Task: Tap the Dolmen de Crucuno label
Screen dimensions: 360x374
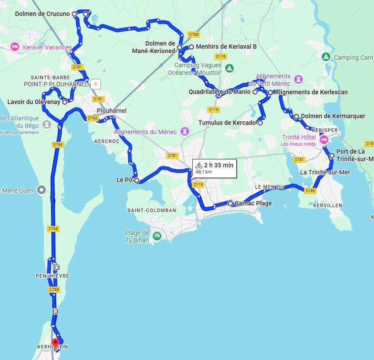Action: [x=42, y=14]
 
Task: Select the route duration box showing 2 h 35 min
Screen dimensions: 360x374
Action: [x=214, y=168]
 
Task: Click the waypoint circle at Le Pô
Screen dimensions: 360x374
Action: [x=137, y=180]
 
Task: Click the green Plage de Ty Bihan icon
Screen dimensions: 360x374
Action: [x=156, y=236]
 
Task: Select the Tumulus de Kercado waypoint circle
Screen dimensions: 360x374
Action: [x=260, y=123]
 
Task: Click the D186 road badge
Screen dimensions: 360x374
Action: [x=310, y=190]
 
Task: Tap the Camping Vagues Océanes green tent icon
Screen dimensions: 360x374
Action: [x=229, y=68]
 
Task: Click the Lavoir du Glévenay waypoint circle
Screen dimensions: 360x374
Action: [x=65, y=102]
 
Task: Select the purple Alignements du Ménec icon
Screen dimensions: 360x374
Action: [x=185, y=132]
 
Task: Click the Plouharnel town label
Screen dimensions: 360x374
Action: [x=112, y=111]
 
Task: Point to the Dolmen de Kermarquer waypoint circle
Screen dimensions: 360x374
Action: [x=296, y=116]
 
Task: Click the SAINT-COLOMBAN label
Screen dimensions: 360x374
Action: [x=151, y=210]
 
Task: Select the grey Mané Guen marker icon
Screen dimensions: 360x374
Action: [x=42, y=190]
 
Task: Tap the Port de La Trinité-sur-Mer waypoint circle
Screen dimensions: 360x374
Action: [x=332, y=155]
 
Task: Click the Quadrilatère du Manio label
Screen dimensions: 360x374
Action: [x=220, y=92]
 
